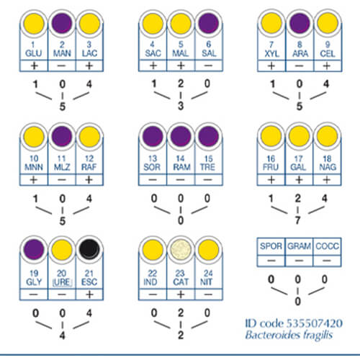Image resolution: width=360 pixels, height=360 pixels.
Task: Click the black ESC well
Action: [89, 249]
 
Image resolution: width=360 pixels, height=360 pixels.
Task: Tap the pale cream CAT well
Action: [181, 250]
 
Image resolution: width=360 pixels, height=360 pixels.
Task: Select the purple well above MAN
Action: [62, 23]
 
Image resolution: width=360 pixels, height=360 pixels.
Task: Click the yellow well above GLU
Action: [34, 23]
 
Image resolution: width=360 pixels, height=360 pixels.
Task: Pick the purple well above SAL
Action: [209, 23]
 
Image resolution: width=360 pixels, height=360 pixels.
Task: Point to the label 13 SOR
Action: [152, 163]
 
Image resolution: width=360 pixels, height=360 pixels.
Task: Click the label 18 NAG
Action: [328, 163]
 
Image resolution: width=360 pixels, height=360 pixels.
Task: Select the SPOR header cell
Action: [271, 246]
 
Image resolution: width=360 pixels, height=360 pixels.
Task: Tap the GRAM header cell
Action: [299, 246]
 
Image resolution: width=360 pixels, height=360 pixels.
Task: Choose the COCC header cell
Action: [327, 246]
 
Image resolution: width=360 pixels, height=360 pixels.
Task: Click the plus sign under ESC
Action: [89, 294]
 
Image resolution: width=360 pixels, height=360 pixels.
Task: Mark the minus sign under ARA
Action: [299, 66]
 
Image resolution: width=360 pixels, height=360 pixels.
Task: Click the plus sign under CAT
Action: [181, 294]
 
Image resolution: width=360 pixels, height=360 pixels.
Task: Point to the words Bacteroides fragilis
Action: [289, 335]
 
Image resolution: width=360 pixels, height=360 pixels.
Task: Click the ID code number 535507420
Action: [315, 323]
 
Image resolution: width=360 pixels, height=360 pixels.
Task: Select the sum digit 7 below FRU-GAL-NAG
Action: [297, 220]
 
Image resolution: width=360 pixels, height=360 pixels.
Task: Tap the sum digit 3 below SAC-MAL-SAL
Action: [181, 106]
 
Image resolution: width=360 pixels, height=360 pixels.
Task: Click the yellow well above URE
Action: [62, 249]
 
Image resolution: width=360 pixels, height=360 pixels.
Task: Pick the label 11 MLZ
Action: [62, 163]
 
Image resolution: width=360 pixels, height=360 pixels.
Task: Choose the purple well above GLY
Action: [34, 249]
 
